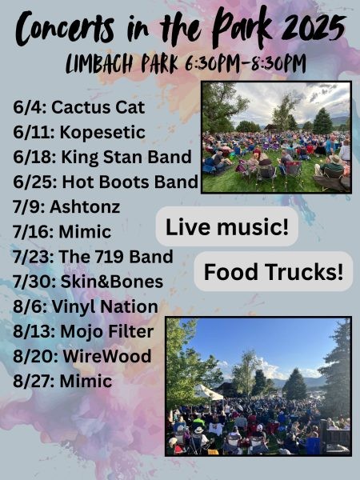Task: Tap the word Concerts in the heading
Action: coord(65,28)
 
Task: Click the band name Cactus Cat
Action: coord(98,107)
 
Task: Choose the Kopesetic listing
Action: coord(102,133)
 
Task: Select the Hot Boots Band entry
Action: coord(130,182)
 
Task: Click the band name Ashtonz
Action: coord(85,207)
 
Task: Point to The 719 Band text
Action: coord(116,257)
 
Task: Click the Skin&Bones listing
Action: coord(112,282)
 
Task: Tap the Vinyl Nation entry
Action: coord(105,306)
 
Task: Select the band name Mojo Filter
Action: coord(107,331)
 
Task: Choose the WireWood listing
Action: coord(107,356)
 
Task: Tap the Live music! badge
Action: coord(227,227)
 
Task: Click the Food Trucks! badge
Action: coord(274,271)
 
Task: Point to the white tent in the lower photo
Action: coord(207,393)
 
